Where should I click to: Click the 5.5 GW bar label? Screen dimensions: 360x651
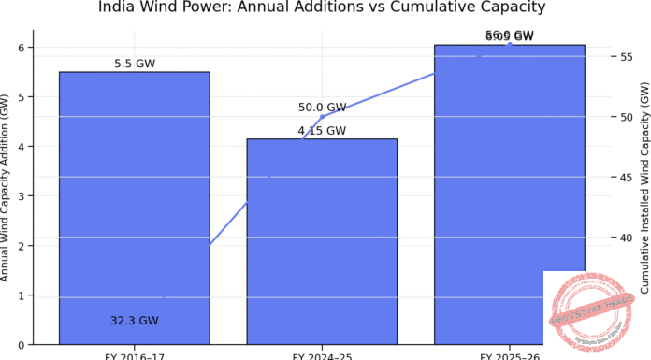[134, 64]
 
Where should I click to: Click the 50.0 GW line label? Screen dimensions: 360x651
[322, 108]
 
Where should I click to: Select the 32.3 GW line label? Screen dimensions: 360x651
[134, 321]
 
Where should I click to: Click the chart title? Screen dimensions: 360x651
[322, 8]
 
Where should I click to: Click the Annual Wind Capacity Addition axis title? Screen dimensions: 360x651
[7, 187]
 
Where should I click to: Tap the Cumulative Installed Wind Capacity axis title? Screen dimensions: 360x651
[644, 187]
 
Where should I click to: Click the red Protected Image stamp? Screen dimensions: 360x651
[590, 312]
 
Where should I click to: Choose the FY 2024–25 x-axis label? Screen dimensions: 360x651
[322, 356]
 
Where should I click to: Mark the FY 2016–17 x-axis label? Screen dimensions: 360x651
[134, 356]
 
